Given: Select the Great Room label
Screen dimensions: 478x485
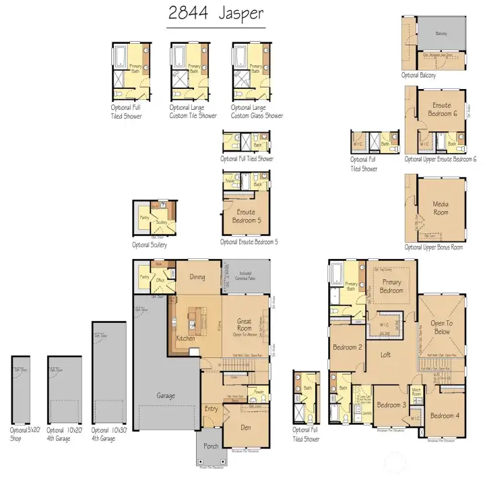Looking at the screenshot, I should pyautogui.click(x=245, y=326).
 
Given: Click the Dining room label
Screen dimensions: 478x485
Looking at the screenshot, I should pyautogui.click(x=197, y=276).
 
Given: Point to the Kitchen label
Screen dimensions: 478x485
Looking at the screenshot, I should pyautogui.click(x=185, y=338).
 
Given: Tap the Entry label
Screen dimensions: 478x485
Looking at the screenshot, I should pyautogui.click(x=212, y=409).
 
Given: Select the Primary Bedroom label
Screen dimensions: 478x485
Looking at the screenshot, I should pyautogui.click(x=391, y=286).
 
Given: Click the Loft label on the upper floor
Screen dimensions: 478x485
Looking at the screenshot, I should pyautogui.click(x=385, y=354).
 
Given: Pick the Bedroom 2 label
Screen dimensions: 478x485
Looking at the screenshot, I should pyautogui.click(x=348, y=347).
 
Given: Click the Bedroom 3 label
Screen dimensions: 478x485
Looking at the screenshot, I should pyautogui.click(x=391, y=405).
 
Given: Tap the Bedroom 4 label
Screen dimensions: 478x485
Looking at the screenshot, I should pyautogui.click(x=445, y=415).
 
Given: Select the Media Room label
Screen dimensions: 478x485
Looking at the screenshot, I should pyautogui.click(x=441, y=208).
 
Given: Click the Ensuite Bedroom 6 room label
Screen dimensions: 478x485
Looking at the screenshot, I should pyautogui.click(x=443, y=109).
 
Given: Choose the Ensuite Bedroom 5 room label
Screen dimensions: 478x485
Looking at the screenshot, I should pyautogui.click(x=246, y=216).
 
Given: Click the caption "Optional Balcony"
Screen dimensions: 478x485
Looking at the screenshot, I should pyautogui.click(x=419, y=76).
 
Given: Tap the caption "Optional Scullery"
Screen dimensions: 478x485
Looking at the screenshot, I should pyautogui.click(x=150, y=245).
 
